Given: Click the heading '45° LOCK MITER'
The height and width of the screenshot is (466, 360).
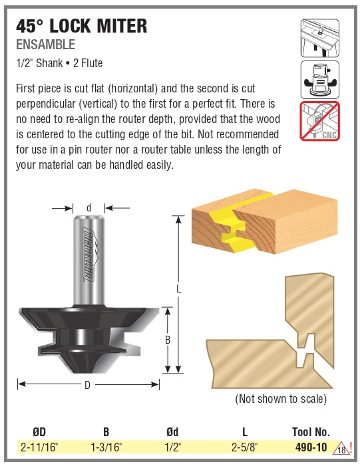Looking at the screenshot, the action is pos(82,26).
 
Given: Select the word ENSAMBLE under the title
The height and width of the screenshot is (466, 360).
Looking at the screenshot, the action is pos(45,45).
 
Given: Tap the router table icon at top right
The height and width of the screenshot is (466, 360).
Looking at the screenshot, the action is pos(320,39).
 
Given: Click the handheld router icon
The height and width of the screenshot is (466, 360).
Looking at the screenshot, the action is pos(320,80).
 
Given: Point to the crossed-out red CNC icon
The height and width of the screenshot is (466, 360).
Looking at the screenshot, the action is pos(320,121).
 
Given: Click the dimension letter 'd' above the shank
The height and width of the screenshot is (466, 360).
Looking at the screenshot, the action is pos(89,207).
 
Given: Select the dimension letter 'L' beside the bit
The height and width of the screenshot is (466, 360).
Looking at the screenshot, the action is pos(178,289).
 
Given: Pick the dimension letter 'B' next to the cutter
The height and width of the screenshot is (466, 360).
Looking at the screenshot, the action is pos(168,340).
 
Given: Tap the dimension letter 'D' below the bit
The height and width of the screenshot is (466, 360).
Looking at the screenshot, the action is pos(87,385).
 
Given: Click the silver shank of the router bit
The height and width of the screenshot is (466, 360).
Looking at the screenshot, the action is pos(89,261).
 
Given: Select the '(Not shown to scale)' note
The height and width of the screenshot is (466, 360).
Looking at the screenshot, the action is pos(281,399).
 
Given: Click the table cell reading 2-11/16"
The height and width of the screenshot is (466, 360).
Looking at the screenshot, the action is pos(39,447).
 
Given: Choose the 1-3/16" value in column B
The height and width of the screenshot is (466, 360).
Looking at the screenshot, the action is pos(106,447).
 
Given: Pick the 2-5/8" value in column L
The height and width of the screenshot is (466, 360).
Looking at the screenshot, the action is pos(245,447).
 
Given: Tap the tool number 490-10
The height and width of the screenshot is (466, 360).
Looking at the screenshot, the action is pos(311,447).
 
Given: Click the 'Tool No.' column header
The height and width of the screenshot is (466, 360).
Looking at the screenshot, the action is pos(311,432).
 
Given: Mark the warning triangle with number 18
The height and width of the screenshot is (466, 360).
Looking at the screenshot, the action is pos(342,449).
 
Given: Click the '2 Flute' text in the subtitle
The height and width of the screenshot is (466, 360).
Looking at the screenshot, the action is pos(88,63).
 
